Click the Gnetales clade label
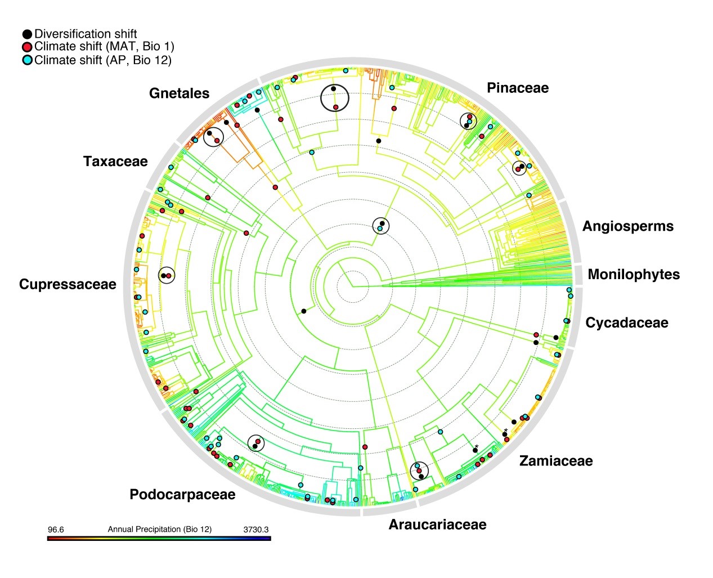coord(179,93)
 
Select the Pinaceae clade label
coord(517,88)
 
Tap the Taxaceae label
coord(115,162)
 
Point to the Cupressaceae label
coord(68,284)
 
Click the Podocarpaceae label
coord(182,494)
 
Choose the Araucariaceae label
coord(437,525)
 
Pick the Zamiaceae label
coord(555,461)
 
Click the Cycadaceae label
coord(626,322)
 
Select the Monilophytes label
coord(633,274)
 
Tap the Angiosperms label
coord(627,226)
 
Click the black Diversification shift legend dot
coord(27,34)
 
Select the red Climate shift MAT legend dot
coord(27,47)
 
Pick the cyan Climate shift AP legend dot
coord(27,60)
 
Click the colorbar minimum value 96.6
coord(56,530)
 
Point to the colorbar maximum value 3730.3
coord(255,530)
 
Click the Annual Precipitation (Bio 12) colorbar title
coord(159,530)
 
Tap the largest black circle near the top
coord(335,98)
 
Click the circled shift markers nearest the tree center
coord(381,226)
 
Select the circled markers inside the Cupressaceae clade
coord(167,275)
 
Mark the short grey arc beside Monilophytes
coord(579,275)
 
